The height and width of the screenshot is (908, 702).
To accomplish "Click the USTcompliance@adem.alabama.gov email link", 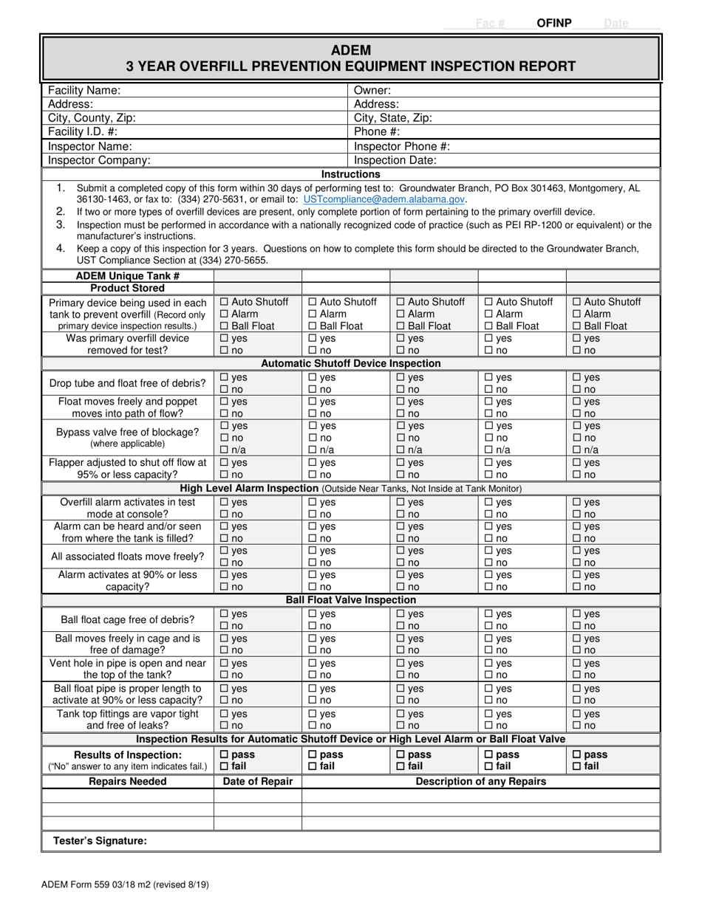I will click(384, 199).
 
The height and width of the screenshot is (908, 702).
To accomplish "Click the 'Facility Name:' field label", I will click(84, 90).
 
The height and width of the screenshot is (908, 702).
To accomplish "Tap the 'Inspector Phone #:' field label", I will click(402, 146).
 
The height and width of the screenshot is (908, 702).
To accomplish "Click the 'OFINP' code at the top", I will click(554, 23).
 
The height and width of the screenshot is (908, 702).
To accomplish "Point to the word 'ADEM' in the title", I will click(351, 51).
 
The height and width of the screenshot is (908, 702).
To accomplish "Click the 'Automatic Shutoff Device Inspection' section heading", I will click(351, 363).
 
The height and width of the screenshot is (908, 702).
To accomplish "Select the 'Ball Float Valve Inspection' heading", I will click(351, 600).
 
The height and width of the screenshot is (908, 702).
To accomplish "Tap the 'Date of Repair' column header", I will click(258, 782).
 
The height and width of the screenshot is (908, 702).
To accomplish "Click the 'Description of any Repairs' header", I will click(481, 782).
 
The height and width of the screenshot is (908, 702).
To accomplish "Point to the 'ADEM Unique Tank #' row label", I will click(128, 275).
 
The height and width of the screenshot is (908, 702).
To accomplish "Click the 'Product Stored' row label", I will click(128, 288).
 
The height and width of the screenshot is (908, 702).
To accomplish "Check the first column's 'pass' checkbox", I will click(225, 755).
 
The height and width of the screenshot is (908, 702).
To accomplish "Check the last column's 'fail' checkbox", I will click(577, 767).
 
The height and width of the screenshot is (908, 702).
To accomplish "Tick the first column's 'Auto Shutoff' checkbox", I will click(225, 302).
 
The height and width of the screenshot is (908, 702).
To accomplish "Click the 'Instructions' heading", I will click(351, 174).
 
